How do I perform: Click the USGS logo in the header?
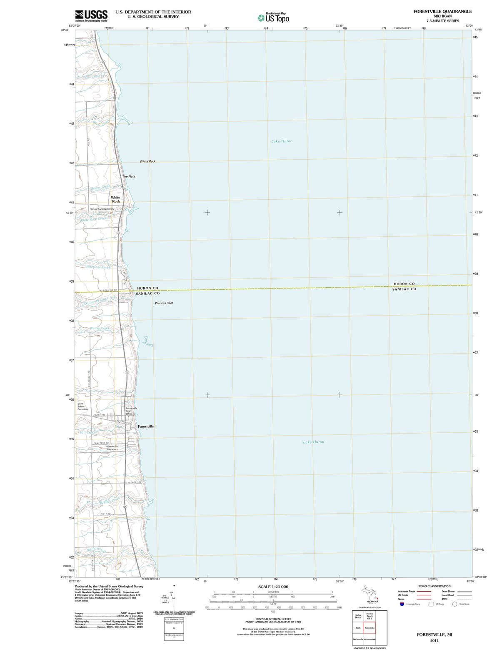pos(91,16)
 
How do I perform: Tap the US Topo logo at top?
pos(273,18)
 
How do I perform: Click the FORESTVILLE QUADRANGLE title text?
pos(442,11)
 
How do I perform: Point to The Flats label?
pos(129,176)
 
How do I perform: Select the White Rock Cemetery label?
pos(102,209)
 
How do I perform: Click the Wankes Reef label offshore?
pos(164,303)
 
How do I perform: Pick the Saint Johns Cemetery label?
pos(83,406)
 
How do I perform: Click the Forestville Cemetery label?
pos(112,448)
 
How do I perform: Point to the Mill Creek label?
pos(87,432)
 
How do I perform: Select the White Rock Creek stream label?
pos(93,219)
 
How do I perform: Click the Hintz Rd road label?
pos(105,514)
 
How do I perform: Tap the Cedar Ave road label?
pos(100,415)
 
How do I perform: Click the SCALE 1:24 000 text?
pos(273,587)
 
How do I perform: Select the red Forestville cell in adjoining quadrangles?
pos(370,628)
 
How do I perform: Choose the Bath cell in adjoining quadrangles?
pos(358,628)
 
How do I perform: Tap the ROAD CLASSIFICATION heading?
pos(434,586)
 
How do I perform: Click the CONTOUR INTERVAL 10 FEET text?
pos(273,619)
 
